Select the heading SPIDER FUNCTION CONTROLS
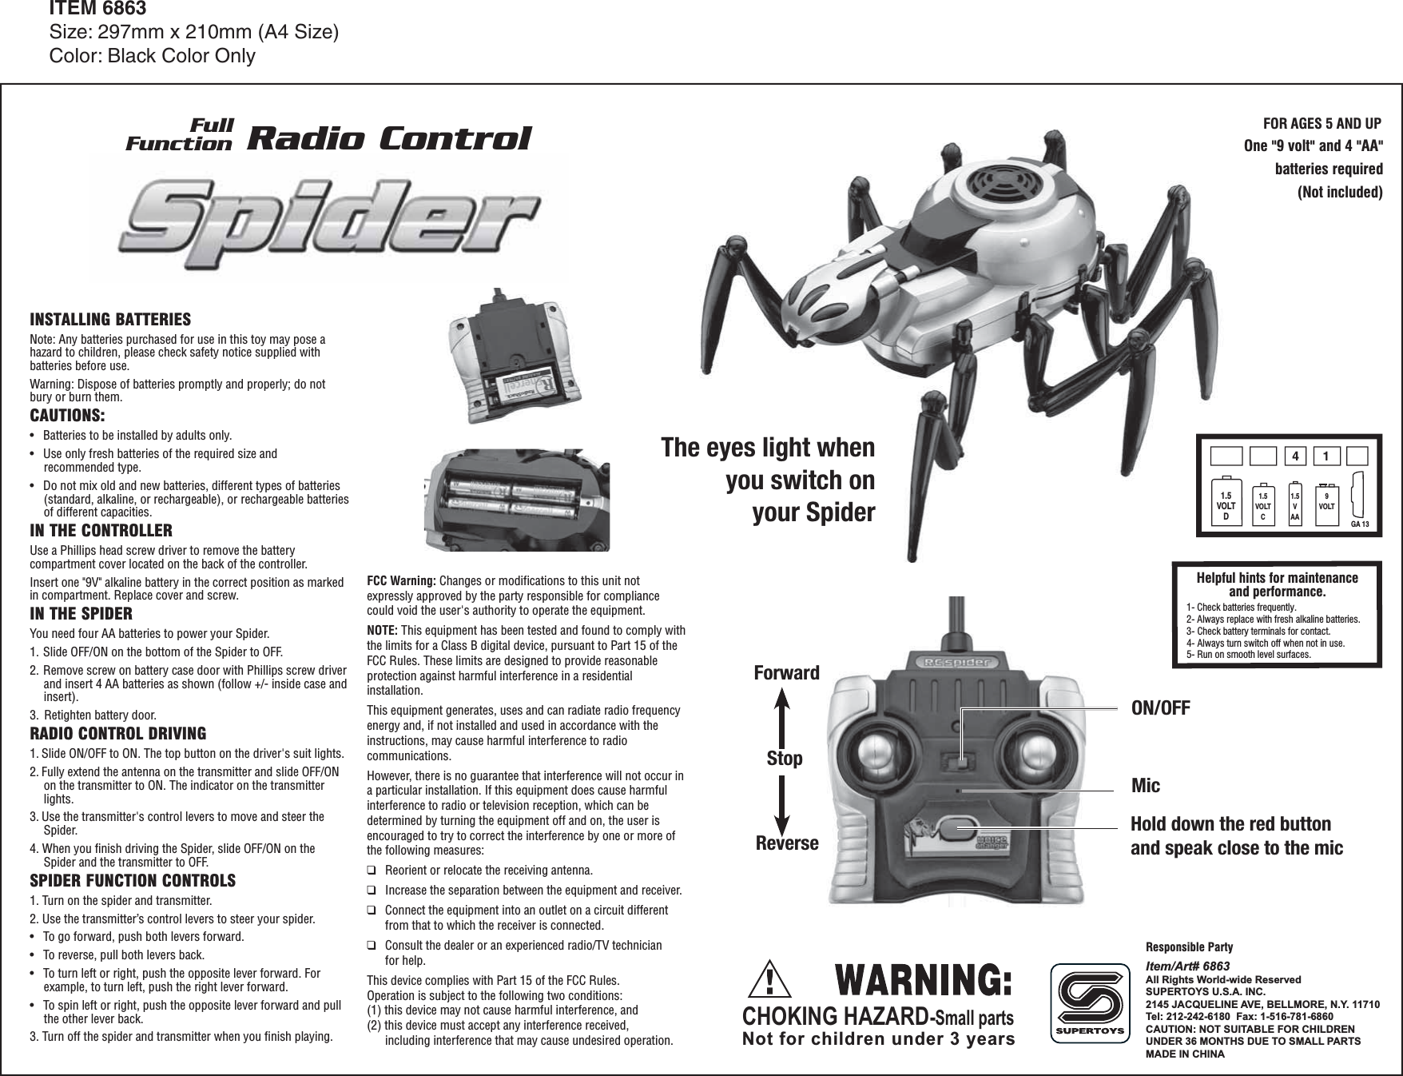(x=133, y=881)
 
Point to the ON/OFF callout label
(x=1161, y=707)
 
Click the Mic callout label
(x=1146, y=787)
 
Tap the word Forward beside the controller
(x=786, y=673)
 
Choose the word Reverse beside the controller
(x=787, y=843)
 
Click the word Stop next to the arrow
(x=785, y=758)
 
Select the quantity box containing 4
(x=1294, y=456)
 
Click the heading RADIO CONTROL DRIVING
(x=117, y=734)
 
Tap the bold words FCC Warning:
(x=401, y=580)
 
